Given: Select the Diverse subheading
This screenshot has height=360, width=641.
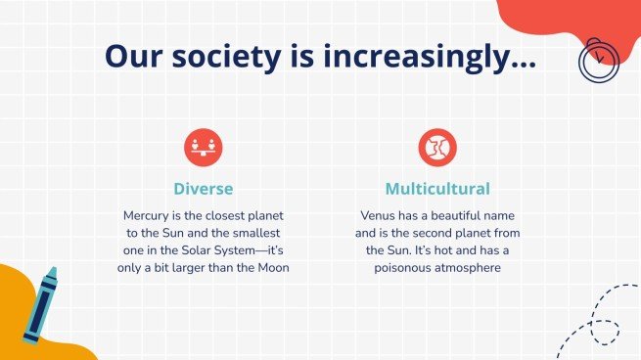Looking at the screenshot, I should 203,188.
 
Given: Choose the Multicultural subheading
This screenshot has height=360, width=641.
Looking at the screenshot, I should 437,188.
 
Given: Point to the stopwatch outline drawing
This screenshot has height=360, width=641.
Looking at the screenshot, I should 598,60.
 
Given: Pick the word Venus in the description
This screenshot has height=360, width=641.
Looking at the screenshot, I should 380,214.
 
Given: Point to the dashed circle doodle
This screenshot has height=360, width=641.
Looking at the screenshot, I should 605,333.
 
